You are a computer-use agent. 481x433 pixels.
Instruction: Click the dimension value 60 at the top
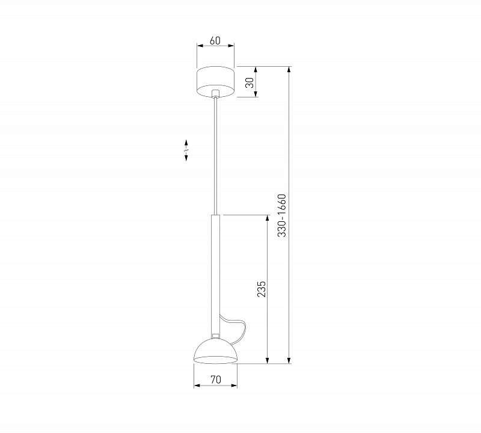click(x=215, y=40)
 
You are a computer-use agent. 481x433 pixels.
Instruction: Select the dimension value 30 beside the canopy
click(x=250, y=82)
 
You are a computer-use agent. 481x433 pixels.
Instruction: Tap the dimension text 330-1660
click(x=281, y=215)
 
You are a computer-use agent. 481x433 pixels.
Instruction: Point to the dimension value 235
click(x=261, y=289)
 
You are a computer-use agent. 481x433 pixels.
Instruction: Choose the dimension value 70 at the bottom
click(x=216, y=379)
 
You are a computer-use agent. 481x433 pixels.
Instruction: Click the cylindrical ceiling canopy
click(x=215, y=81)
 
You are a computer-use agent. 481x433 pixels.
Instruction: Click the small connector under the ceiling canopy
click(x=216, y=94)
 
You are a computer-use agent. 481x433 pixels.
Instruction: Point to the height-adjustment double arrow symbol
click(x=186, y=150)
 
